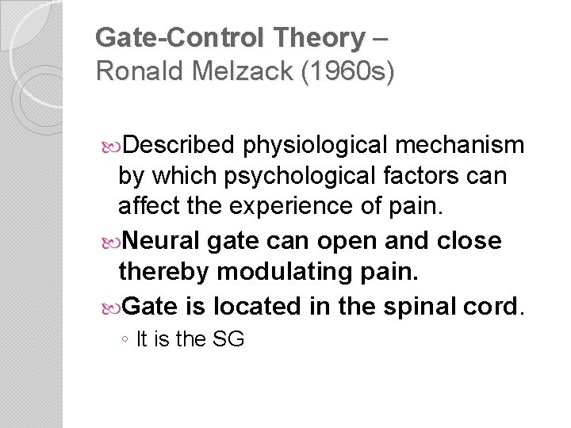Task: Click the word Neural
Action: [x=159, y=240]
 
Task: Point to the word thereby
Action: [x=164, y=272]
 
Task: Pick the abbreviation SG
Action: [x=228, y=340]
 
